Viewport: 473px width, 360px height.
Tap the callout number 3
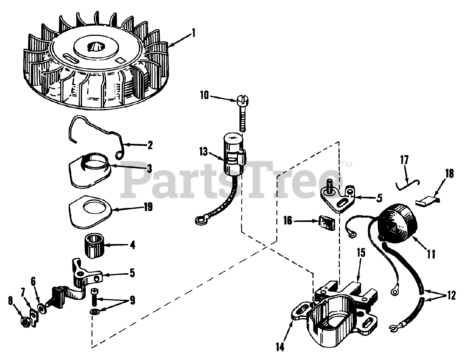click(149, 168)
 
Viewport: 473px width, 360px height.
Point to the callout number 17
click(404, 161)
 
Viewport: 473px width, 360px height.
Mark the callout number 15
click(360, 253)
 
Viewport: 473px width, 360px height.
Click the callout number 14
click(280, 347)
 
